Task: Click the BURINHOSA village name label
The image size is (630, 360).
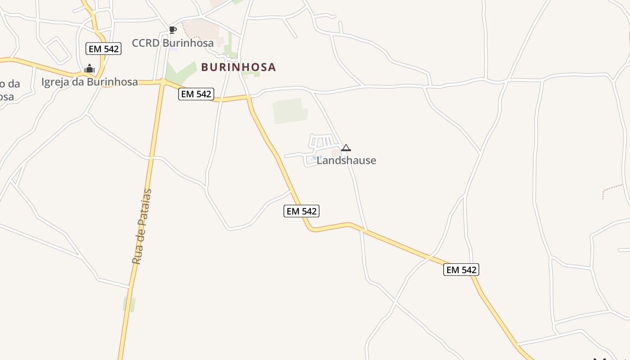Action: [238, 67]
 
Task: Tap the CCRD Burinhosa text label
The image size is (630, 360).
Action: [172, 43]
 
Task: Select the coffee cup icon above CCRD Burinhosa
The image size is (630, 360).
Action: [172, 30]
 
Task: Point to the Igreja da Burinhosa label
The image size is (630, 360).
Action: [90, 82]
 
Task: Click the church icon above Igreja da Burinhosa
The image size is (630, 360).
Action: [90, 68]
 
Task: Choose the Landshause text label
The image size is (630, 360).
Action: [346, 160]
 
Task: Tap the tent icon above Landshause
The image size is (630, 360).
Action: [346, 148]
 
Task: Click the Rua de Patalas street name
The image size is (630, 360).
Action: [142, 227]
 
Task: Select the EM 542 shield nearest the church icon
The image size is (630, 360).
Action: [103, 49]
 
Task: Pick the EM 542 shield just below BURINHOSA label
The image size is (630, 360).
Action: [196, 94]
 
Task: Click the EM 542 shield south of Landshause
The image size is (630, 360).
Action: [301, 211]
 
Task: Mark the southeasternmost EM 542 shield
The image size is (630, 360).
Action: [461, 270]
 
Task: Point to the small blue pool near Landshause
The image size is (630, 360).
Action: [315, 157]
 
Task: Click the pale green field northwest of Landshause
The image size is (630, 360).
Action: [290, 111]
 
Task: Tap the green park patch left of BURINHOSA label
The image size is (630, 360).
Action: [180, 72]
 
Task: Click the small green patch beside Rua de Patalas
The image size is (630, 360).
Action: [129, 304]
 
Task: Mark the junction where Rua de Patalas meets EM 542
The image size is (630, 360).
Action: [162, 82]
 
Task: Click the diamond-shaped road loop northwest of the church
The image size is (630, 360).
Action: [57, 50]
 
